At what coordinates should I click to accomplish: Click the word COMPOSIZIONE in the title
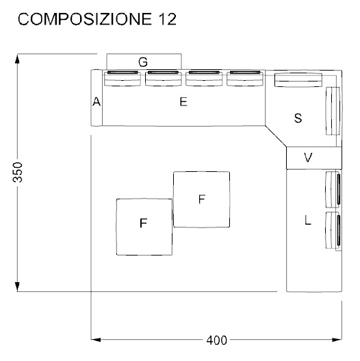coord(81,20)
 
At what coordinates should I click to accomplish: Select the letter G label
coord(143,62)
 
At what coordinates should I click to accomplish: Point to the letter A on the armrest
coord(97,102)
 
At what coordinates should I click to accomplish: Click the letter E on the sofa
coord(183,102)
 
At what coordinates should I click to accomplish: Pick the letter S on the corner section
coord(298,118)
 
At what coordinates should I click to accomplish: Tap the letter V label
coord(308,158)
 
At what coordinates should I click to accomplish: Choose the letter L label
coord(308,221)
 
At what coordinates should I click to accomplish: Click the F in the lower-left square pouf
coord(144,223)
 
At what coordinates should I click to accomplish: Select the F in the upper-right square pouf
coord(201,199)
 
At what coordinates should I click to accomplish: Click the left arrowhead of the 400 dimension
coord(95,339)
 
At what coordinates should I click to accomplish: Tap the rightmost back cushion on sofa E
coord(244,78)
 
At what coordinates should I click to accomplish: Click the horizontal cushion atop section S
coord(298,79)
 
